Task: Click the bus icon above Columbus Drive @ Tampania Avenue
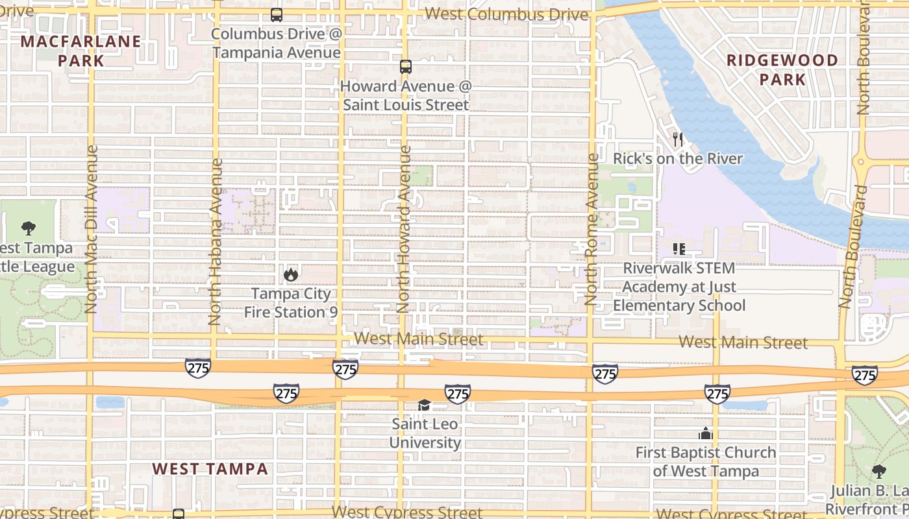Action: click(277, 14)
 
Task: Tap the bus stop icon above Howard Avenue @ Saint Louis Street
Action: click(406, 66)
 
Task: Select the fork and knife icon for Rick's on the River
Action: click(678, 139)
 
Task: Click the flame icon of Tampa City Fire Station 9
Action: click(291, 274)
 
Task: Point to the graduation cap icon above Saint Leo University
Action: click(425, 405)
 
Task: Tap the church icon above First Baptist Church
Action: click(705, 433)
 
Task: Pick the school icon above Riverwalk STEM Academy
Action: click(679, 249)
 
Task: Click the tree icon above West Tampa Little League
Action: click(28, 228)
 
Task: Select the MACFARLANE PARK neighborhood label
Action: click(81, 51)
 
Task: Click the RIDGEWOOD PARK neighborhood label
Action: click(782, 70)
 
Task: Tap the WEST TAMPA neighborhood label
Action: click(210, 468)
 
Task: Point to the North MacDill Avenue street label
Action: click(92, 229)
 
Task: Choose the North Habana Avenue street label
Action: click(216, 241)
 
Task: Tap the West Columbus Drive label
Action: click(506, 14)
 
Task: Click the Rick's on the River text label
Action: click(678, 159)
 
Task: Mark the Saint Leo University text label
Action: click(425, 433)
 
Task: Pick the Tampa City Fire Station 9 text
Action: click(291, 303)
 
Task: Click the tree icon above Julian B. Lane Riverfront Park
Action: click(879, 472)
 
